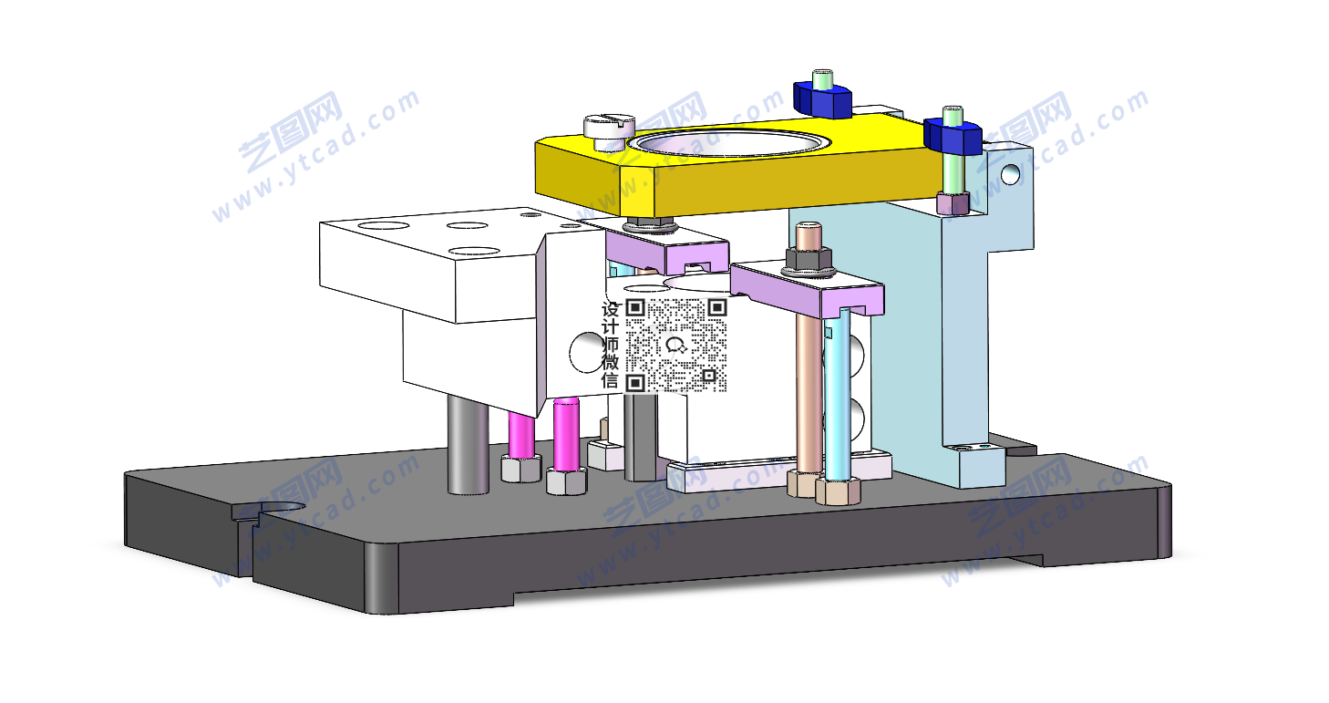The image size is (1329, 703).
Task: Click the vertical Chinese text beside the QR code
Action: pyautogui.click(x=611, y=345)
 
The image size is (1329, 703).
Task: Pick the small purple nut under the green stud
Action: pyautogui.click(x=953, y=203)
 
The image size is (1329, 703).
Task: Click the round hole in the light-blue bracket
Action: pyautogui.click(x=1010, y=174)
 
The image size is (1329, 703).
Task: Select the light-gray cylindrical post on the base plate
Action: pyautogui.click(x=469, y=444)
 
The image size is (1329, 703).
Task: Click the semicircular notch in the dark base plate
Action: pyautogui.click(x=280, y=511)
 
